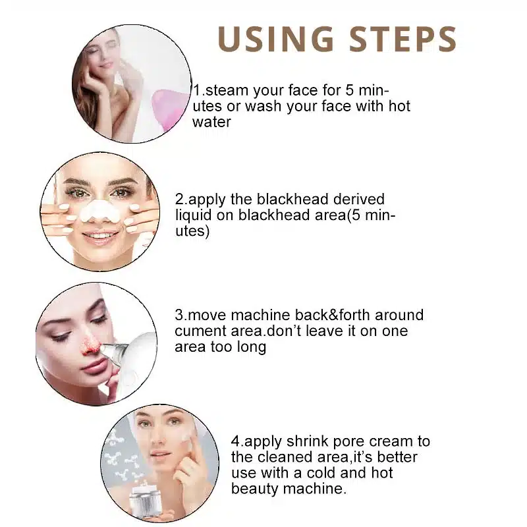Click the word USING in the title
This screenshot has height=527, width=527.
(x=275, y=39)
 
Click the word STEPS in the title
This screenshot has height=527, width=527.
(x=402, y=39)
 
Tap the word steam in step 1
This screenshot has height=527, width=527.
(x=226, y=90)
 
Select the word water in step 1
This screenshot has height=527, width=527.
(x=211, y=122)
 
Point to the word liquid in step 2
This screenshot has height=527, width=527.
(x=194, y=216)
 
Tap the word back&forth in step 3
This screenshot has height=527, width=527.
(x=332, y=316)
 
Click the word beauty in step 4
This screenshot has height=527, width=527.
(x=254, y=489)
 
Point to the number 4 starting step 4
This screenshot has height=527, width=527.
(x=235, y=441)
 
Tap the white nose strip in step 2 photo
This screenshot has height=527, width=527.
(x=100, y=211)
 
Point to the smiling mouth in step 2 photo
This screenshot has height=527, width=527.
(x=99, y=236)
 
